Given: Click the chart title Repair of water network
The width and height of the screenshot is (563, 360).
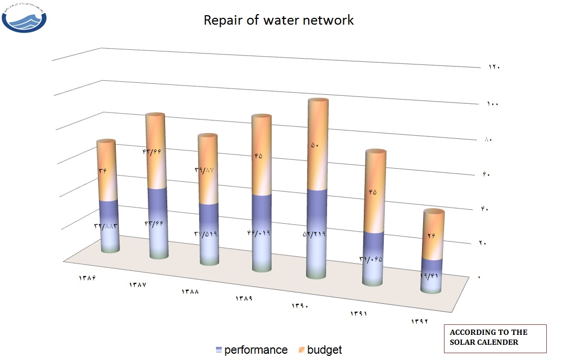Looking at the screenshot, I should (278, 21).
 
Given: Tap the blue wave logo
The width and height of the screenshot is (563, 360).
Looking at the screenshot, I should (24, 18).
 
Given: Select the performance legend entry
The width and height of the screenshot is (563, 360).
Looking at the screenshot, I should (252, 350).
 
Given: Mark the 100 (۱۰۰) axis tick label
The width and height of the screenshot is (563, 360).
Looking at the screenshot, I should (492, 104).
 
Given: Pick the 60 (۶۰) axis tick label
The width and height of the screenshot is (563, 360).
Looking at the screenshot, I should (486, 174).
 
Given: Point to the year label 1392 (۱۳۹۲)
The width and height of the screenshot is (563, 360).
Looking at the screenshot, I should (419, 321).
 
